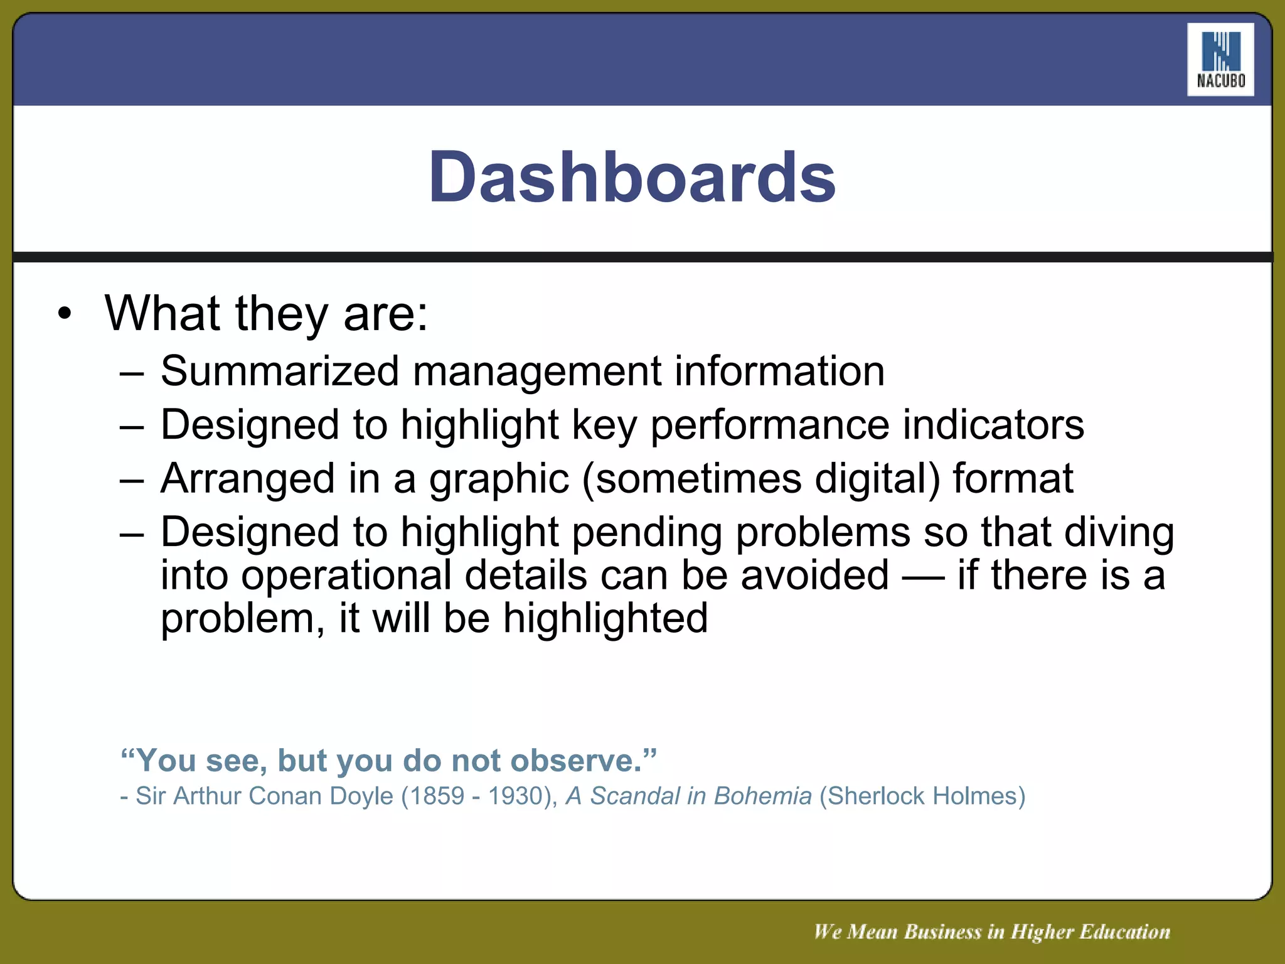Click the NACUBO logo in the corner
(x=1220, y=60)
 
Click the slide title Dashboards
(x=632, y=178)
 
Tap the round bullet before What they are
(x=65, y=314)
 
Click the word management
(x=536, y=371)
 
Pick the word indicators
(x=993, y=425)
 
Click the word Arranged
(x=248, y=479)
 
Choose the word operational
(x=346, y=576)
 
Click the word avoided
(x=814, y=576)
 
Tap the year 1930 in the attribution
(x=518, y=796)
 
